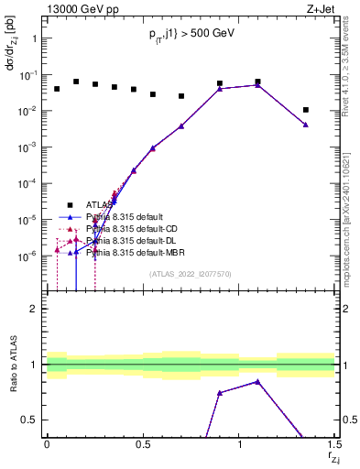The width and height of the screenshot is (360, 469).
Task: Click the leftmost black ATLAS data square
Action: tap(57, 89)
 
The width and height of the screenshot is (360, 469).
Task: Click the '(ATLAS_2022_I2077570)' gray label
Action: tap(190, 273)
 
